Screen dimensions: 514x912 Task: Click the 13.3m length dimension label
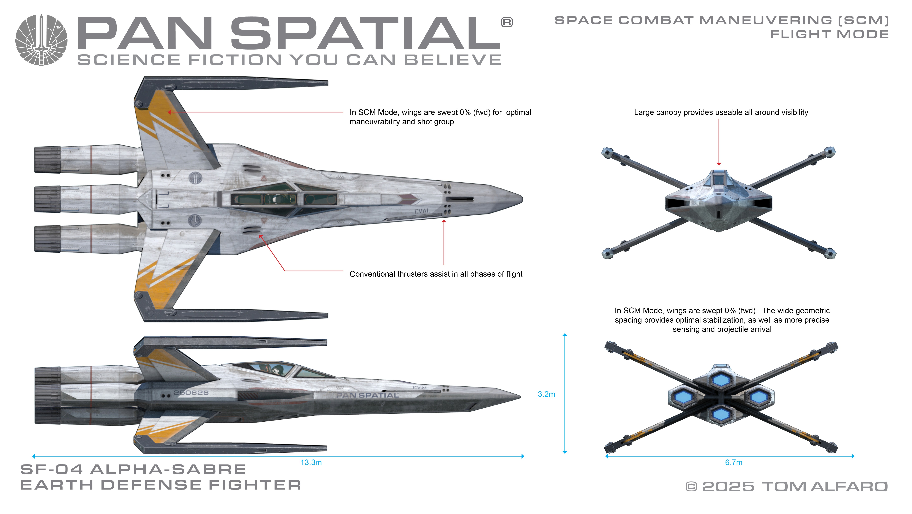[x=311, y=462]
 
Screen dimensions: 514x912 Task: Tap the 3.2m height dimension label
[x=546, y=394]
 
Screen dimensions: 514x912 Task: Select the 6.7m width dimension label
[x=733, y=462]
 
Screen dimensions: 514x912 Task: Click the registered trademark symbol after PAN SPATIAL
[x=507, y=22]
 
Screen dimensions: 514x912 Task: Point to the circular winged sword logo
[x=41, y=40]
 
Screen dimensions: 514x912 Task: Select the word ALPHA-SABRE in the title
[x=168, y=469]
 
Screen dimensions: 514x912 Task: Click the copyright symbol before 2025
[x=691, y=487]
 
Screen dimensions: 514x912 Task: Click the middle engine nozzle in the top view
[x=47, y=199]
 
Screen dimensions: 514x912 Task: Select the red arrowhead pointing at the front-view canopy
[x=719, y=163]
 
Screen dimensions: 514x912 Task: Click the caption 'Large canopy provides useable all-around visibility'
[x=721, y=112]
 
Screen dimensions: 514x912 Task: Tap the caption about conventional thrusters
[x=436, y=274]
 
